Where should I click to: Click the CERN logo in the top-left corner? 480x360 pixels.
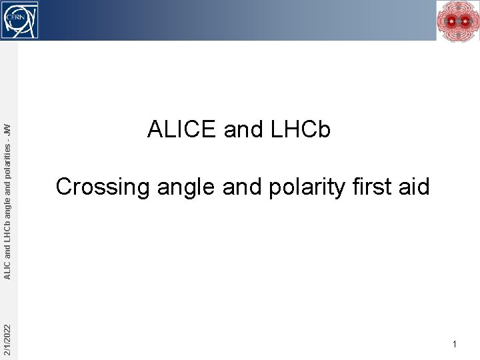coord(19,19)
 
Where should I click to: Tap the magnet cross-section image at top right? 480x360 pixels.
coord(457,21)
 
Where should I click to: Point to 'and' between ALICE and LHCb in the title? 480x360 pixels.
coord(243,129)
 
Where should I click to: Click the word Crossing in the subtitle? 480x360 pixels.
coord(103,187)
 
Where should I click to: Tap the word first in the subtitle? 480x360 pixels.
coord(373,187)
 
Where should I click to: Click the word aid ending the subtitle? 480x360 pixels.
coord(414,187)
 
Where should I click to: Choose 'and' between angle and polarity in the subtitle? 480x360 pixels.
coord(243,187)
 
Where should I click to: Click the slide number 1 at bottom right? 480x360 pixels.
coord(454,345)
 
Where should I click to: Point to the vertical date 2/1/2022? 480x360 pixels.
coord(7,339)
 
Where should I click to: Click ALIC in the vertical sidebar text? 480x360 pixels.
coord(7,271)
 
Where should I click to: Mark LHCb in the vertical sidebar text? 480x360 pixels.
coord(7,233)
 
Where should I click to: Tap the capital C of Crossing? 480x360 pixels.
coord(64,187)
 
